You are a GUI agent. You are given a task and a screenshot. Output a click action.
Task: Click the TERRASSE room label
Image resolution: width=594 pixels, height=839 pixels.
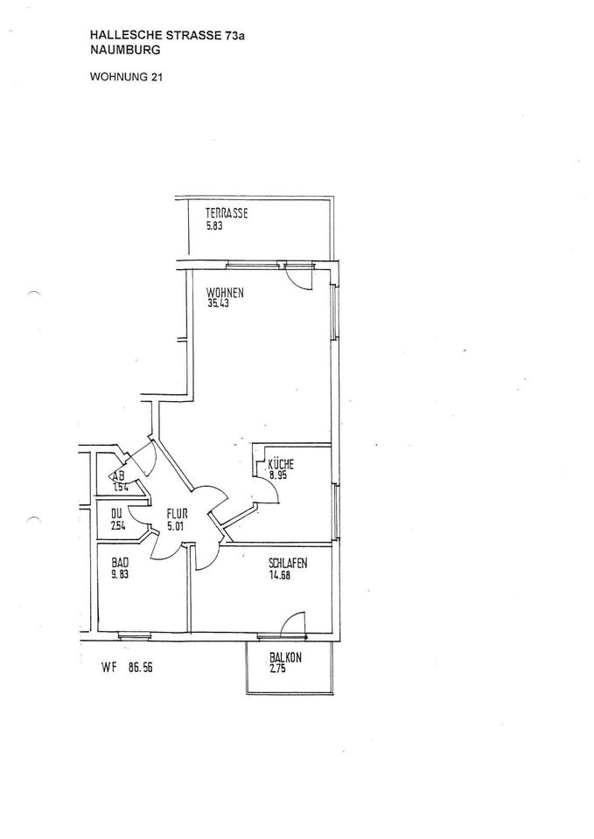227,213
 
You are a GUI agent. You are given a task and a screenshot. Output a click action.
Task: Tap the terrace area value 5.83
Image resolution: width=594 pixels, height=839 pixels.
214,225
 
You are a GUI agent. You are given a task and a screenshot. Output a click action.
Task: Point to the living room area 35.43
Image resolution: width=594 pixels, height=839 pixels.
219,304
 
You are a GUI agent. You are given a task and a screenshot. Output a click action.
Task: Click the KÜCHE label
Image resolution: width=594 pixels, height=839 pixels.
281,465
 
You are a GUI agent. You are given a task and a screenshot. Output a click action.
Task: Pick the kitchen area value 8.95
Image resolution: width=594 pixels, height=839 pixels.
277,476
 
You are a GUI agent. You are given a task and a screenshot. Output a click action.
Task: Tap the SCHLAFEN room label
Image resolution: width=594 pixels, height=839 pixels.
288,564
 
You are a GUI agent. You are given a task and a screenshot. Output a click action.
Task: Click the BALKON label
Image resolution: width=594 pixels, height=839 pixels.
285,658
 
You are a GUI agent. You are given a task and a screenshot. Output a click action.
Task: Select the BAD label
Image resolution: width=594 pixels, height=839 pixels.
119,564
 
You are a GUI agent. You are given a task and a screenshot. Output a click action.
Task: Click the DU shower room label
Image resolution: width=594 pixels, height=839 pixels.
116,515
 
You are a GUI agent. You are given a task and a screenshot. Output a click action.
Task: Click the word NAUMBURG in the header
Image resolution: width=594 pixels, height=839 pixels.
125,52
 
